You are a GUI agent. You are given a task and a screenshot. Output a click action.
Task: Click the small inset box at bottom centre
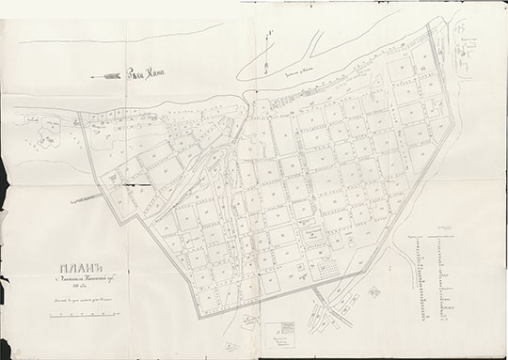(281, 333)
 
